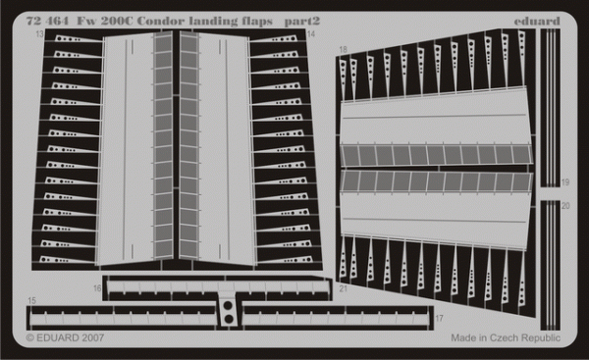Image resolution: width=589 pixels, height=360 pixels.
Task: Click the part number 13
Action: tap(39, 33)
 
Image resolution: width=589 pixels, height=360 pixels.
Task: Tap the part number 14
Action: tap(311, 34)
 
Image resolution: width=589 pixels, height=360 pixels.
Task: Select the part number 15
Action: tap(32, 299)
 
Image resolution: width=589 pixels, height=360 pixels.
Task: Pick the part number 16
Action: tap(97, 288)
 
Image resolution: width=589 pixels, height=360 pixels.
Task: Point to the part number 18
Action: tap(343, 48)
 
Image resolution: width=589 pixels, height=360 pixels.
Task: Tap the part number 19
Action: tap(564, 183)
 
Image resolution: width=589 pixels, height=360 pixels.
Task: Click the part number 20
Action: tap(564, 207)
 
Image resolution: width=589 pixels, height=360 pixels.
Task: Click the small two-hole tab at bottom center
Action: tap(227, 313)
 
